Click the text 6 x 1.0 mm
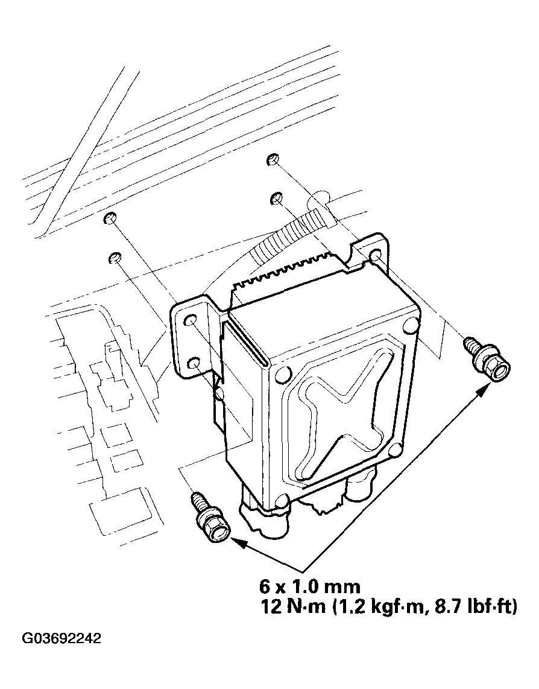[309, 586]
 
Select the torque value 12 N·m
[292, 606]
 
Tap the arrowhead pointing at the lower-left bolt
[239, 542]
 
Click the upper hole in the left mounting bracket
[191, 320]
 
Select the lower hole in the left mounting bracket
[195, 363]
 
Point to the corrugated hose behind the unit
[283, 235]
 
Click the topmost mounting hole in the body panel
[271, 160]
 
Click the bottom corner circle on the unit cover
[281, 501]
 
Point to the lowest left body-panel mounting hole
[113, 259]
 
